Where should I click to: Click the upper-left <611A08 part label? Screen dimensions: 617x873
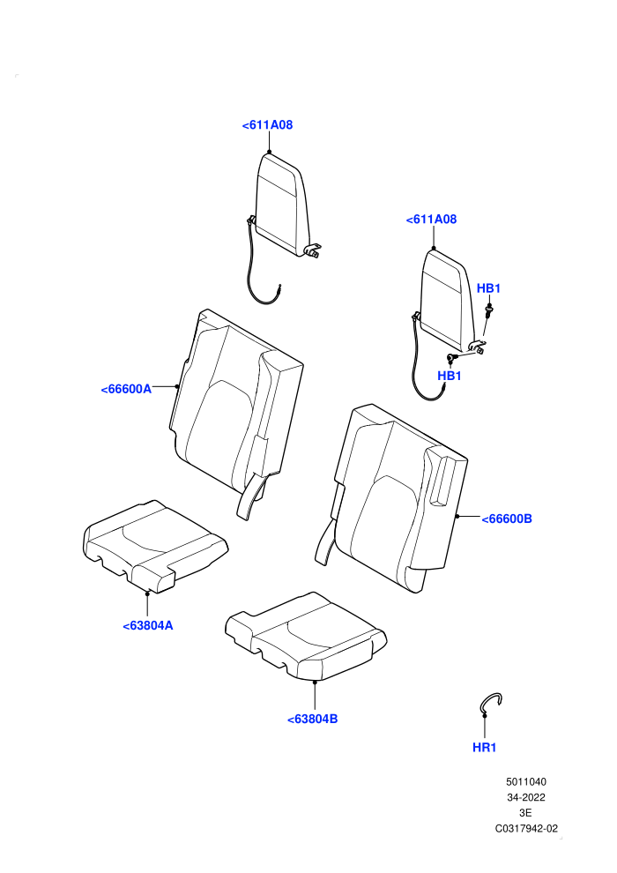click(x=267, y=125)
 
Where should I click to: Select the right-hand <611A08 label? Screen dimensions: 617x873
click(x=431, y=220)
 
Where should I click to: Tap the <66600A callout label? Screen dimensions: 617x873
click(x=126, y=389)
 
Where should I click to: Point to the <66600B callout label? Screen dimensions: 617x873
click(x=507, y=519)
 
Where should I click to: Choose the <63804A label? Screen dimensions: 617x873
click(x=148, y=626)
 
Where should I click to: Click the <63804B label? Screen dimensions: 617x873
click(x=313, y=720)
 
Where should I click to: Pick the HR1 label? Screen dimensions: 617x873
click(x=484, y=748)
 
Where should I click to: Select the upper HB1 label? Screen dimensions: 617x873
click(x=488, y=288)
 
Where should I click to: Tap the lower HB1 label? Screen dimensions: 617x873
click(x=450, y=376)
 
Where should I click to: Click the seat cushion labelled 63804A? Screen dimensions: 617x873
click(x=154, y=546)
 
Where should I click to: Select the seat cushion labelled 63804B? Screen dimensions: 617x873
click(x=306, y=637)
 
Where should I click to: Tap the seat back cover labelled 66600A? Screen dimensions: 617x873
click(x=236, y=412)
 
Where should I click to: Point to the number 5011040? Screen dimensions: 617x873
click(x=525, y=782)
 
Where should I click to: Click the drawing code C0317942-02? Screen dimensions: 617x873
click(x=526, y=829)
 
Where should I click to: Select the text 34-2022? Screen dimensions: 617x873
click(x=525, y=798)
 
